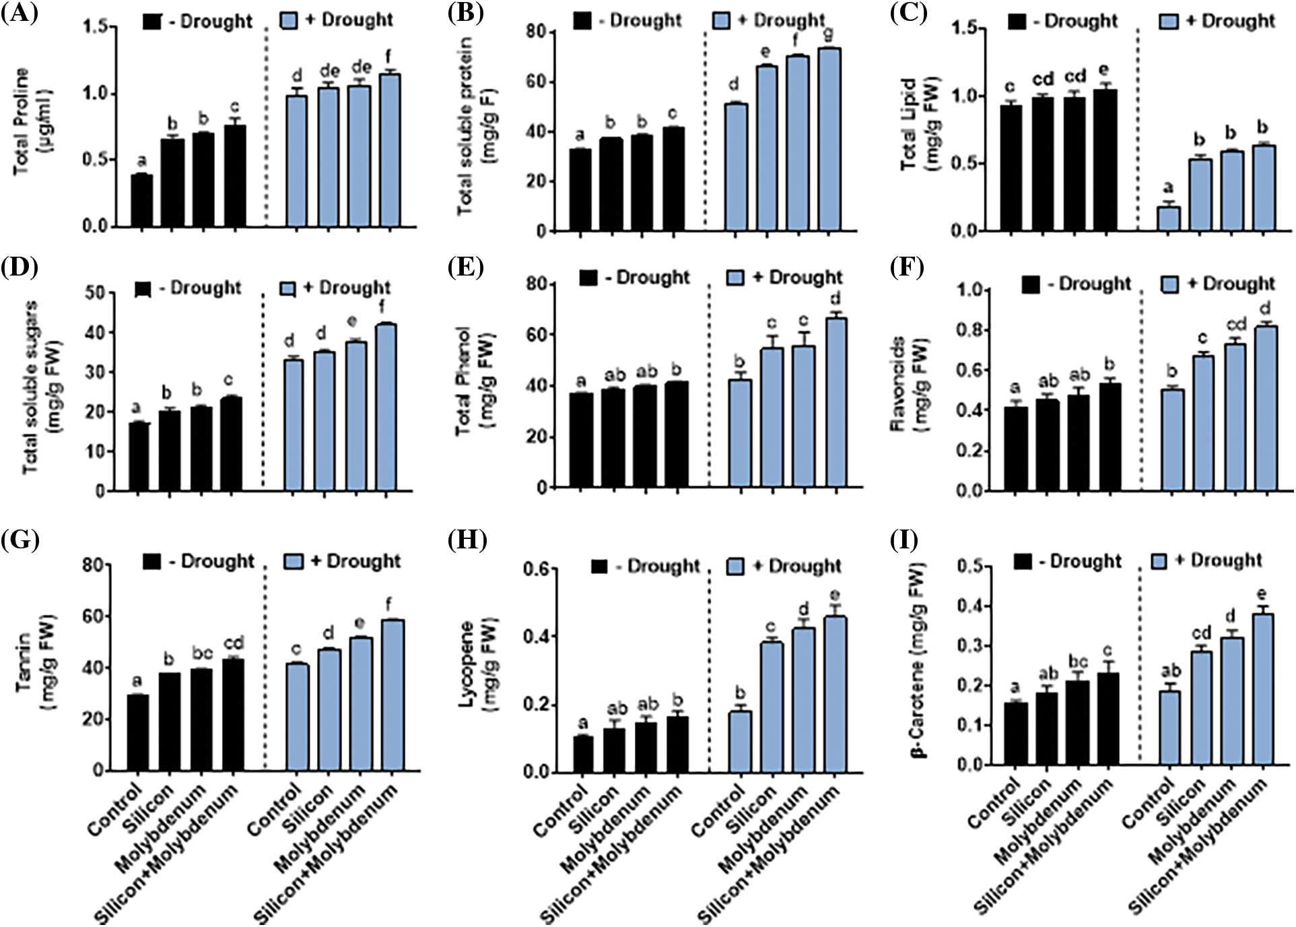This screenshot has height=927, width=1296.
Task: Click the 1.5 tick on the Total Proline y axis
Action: [x=96, y=27]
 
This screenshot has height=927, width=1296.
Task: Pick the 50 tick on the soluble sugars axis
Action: [x=96, y=293]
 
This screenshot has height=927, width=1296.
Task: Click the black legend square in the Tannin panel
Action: [x=152, y=561]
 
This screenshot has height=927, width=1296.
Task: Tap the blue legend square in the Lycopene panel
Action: [x=736, y=566]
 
